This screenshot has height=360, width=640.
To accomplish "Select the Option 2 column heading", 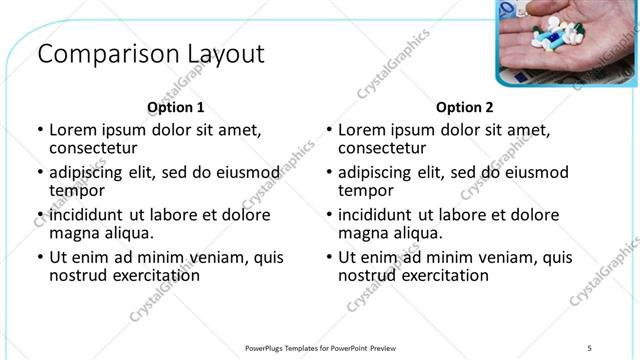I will [465, 107].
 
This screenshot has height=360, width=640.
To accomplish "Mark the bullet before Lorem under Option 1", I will [39, 130].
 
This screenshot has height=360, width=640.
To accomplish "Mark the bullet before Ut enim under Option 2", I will [328, 257].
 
